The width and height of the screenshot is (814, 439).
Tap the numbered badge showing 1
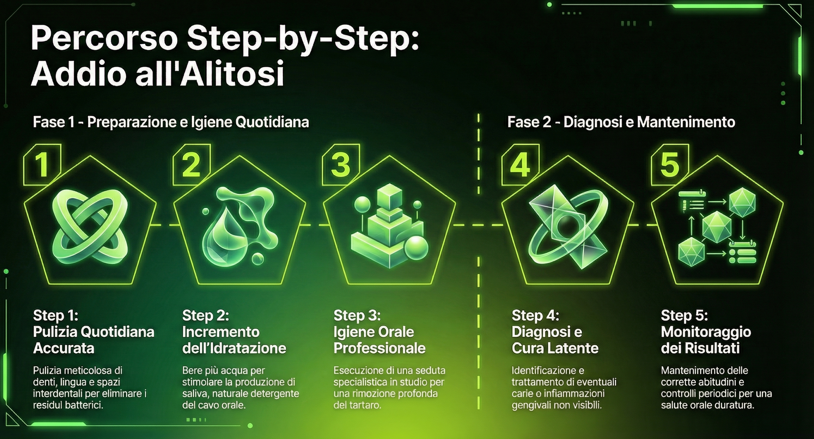(x=42, y=165)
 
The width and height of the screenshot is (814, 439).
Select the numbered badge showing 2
(x=191, y=165)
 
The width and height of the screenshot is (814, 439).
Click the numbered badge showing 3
(x=341, y=165)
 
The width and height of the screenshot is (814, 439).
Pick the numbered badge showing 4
(x=520, y=165)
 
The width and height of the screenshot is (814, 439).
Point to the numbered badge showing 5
(x=670, y=165)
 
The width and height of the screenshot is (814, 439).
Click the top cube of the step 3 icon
(x=389, y=197)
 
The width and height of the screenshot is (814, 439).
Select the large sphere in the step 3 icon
(x=416, y=248)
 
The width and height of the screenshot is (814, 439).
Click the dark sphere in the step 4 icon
(x=568, y=226)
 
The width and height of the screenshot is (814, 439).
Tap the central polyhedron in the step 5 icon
(x=717, y=227)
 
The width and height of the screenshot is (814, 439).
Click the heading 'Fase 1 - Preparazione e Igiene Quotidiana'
(x=171, y=122)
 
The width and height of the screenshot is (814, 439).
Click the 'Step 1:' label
(x=56, y=315)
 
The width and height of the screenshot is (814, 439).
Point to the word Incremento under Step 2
(x=221, y=332)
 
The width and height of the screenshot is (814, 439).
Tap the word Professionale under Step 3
(x=380, y=348)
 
